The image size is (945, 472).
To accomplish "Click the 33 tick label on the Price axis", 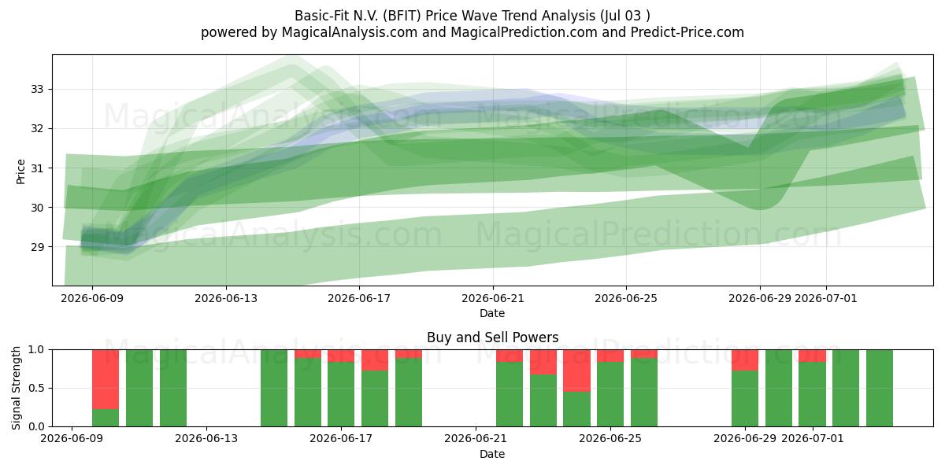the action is (x=36, y=90).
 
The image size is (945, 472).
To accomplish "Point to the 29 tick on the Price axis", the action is (x=36, y=247).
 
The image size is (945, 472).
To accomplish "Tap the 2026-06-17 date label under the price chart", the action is (x=359, y=298).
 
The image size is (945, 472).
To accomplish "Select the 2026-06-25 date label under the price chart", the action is (x=626, y=298).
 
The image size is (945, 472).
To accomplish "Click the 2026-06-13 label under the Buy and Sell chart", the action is (x=206, y=439).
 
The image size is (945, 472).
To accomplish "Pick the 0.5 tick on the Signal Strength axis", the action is (x=36, y=388).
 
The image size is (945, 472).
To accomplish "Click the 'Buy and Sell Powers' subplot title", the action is (x=492, y=337).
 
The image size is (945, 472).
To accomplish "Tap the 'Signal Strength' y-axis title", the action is (x=16, y=388).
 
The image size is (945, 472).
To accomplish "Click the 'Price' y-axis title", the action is (x=20, y=171).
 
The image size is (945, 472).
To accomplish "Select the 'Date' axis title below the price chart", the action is (x=492, y=313).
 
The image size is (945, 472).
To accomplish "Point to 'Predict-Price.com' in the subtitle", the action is (x=687, y=32).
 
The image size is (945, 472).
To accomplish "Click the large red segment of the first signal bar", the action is (x=106, y=379).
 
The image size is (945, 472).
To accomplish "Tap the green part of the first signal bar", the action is (x=106, y=418).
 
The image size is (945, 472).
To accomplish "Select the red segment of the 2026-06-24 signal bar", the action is (x=576, y=371).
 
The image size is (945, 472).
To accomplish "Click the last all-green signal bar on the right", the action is (x=880, y=388).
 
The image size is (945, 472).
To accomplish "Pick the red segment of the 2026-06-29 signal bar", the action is (x=745, y=360).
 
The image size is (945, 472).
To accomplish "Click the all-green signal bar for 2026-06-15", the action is (x=274, y=388).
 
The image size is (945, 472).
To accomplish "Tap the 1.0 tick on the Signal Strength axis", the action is (x=36, y=349).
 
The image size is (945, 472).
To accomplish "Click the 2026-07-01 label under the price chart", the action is (x=826, y=298).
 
